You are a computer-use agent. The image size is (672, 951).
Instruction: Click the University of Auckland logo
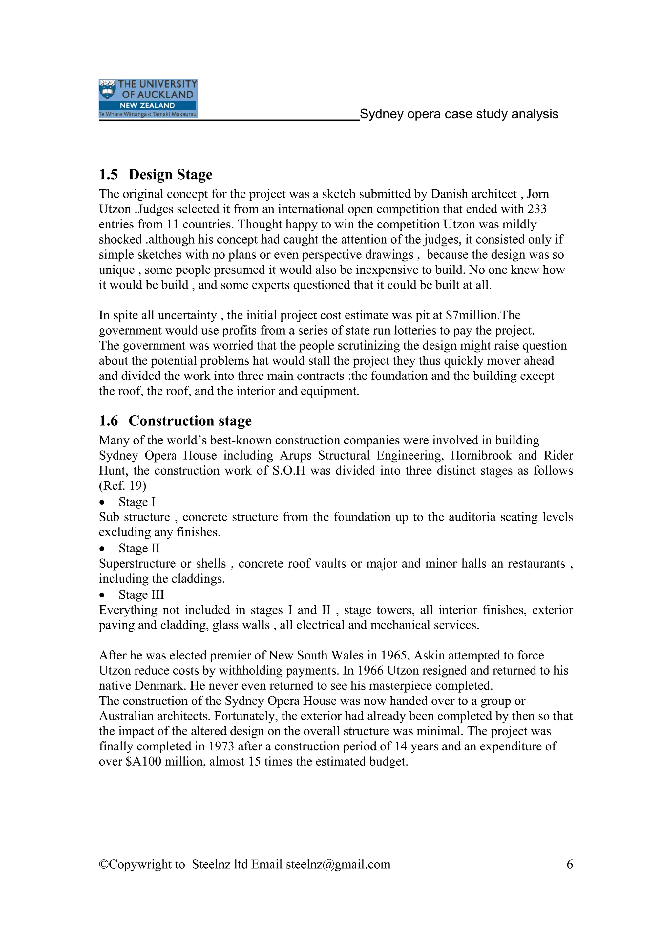(148, 98)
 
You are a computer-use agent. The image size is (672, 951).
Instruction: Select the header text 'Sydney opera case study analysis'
(459, 114)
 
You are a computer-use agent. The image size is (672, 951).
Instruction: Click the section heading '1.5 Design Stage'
(155, 174)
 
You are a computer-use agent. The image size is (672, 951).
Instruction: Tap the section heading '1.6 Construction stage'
(175, 421)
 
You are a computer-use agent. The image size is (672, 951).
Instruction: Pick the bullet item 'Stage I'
(136, 502)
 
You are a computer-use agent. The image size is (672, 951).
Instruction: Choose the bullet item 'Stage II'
(139, 549)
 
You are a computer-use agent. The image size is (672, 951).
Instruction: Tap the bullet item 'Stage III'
(141, 595)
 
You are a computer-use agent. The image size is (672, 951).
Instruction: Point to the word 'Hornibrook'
(481, 456)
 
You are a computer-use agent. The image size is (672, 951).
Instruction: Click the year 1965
(395, 656)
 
